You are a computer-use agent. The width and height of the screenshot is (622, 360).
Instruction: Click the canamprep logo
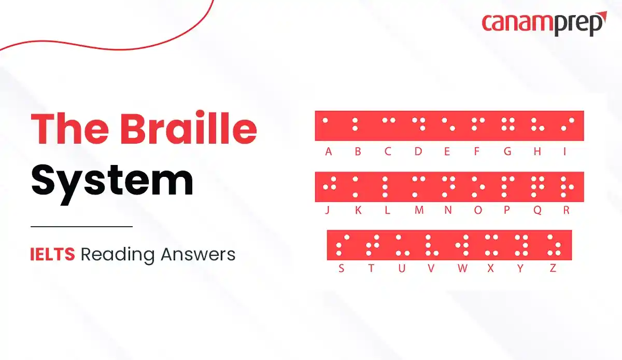coord(544,24)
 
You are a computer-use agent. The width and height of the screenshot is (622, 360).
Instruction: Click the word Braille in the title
coord(189,128)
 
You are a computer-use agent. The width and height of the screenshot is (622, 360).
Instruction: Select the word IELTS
coord(52,254)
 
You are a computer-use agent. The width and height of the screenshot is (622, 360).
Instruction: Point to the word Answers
coord(198,254)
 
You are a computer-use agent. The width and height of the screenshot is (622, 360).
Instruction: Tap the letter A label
coord(329,151)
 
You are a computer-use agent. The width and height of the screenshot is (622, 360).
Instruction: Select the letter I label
coord(564,151)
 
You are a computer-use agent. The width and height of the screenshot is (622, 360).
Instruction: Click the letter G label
coord(507,151)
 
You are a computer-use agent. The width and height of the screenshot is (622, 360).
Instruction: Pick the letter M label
coord(419,210)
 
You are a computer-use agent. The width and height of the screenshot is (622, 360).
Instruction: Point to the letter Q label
coord(538,210)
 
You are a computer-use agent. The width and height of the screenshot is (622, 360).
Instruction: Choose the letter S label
coord(341,268)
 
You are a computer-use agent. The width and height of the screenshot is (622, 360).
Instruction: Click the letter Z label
coord(553,268)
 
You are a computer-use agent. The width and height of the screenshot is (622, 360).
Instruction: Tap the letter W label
coord(462,268)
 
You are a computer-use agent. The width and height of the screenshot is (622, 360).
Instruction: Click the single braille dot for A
coord(325,120)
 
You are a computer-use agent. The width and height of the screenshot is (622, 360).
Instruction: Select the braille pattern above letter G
coord(508,124)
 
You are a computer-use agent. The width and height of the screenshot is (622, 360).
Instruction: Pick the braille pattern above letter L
coord(385,187)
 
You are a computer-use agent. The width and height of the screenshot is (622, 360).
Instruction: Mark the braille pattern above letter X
coord(491,245)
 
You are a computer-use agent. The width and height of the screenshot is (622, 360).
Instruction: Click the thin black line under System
coord(82,227)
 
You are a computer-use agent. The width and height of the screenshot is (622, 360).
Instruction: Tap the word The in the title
coord(69,128)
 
